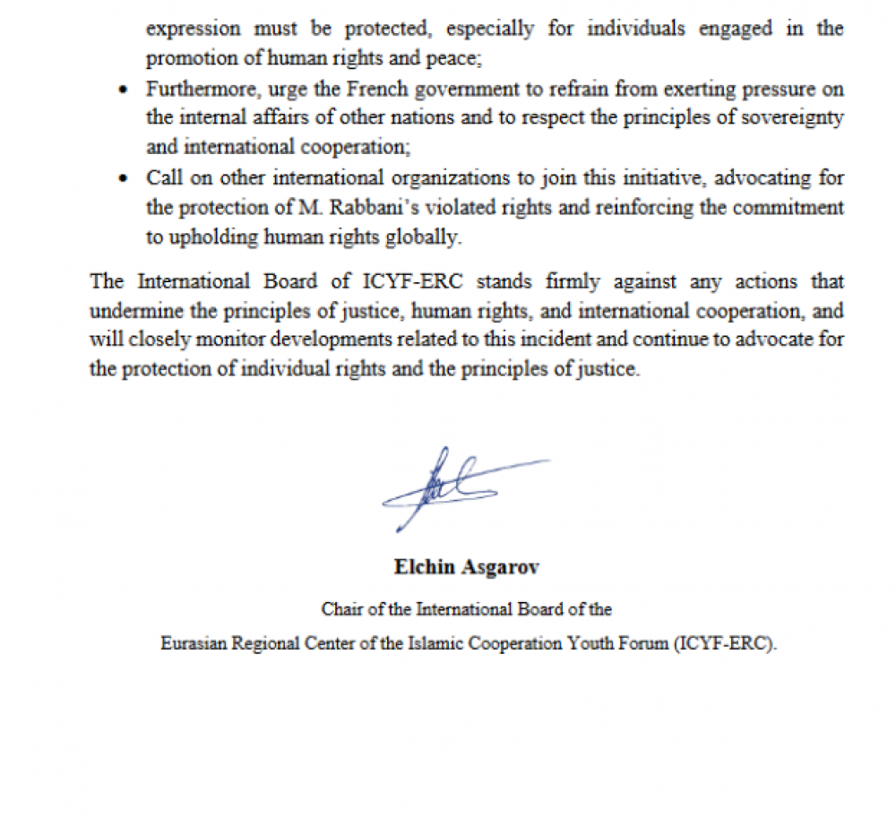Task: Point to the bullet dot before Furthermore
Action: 125,91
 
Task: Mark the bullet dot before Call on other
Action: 125,178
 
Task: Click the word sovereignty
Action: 793,119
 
